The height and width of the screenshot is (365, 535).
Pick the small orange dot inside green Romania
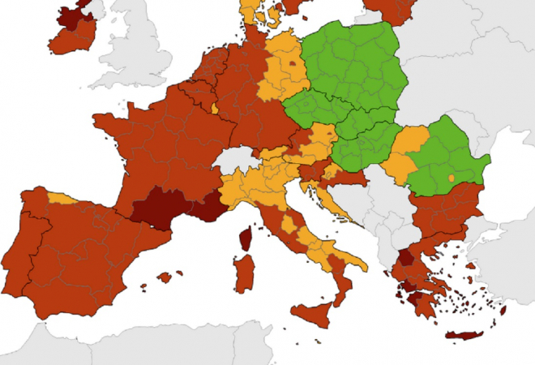point(451,177)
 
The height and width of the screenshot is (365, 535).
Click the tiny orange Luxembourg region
point(214,107)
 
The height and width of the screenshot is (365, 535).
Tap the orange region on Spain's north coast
point(62,197)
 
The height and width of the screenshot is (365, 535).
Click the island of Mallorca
point(165,277)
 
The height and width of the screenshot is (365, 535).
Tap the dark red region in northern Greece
point(404,260)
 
